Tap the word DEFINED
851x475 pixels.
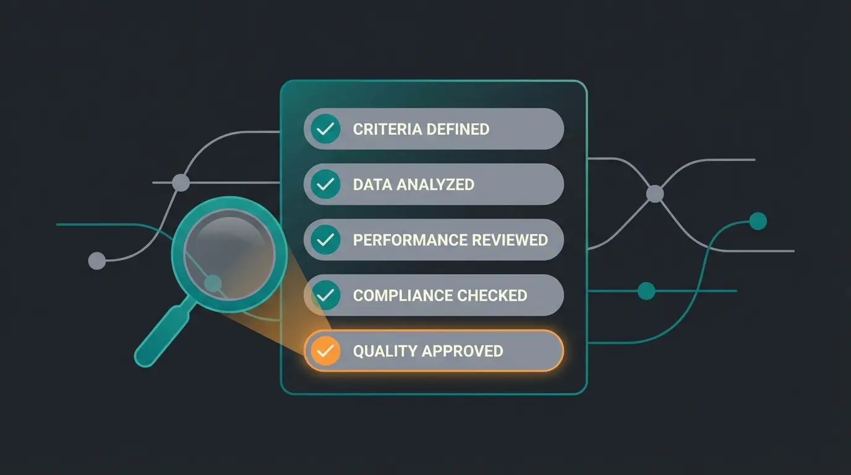457,129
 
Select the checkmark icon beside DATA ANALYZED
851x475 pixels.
325,184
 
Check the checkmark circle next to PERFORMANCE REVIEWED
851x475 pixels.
325,239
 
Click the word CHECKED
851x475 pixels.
496,296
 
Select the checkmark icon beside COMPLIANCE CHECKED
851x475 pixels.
325,295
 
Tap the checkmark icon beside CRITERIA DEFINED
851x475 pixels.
325,129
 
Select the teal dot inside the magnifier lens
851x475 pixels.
213,283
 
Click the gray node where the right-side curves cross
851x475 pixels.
654,194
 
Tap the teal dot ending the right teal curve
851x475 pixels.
758,221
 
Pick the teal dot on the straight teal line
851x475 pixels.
646,291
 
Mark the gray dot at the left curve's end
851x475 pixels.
96,261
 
